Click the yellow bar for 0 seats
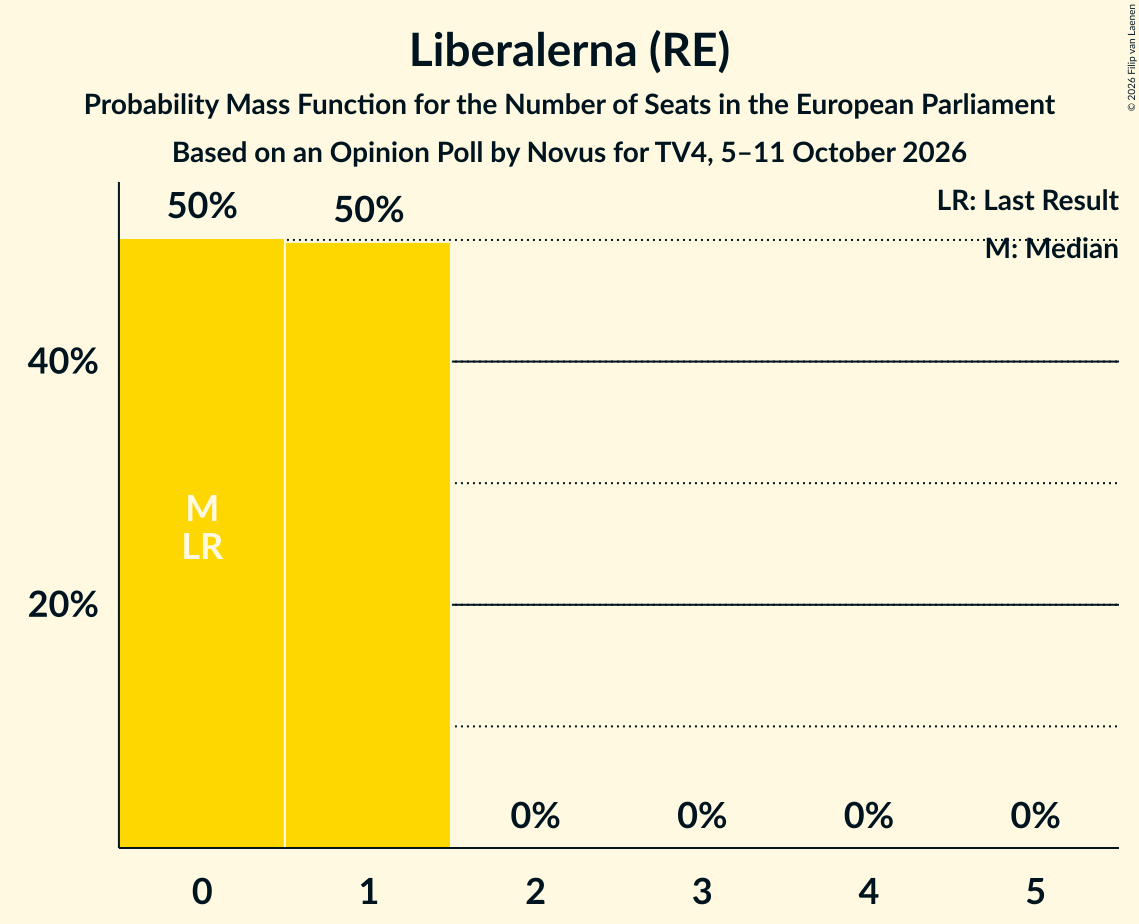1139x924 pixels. tap(202, 543)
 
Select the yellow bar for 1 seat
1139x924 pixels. tap(368, 545)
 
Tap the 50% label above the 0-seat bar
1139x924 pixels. tap(202, 206)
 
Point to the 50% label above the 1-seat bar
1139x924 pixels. tap(368, 210)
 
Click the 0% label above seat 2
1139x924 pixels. tap(535, 816)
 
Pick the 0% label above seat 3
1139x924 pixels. tap(702, 816)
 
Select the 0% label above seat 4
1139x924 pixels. tap(869, 816)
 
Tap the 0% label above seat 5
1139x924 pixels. tap(1035, 816)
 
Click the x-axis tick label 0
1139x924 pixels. tap(202, 891)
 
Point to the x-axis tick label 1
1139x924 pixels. tap(369, 891)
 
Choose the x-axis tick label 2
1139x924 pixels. tap(535, 891)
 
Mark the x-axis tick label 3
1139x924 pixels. tap(702, 891)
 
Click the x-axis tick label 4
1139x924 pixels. tap(869, 891)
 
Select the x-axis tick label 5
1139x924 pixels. tap(1035, 891)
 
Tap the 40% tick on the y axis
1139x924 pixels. tap(63, 361)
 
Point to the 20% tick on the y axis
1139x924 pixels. tap(63, 604)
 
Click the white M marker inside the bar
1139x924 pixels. tap(202, 508)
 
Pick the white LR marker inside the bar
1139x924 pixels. tap(202, 547)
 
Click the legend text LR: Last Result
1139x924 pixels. tap(1027, 200)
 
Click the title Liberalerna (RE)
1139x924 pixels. tap(570, 51)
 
